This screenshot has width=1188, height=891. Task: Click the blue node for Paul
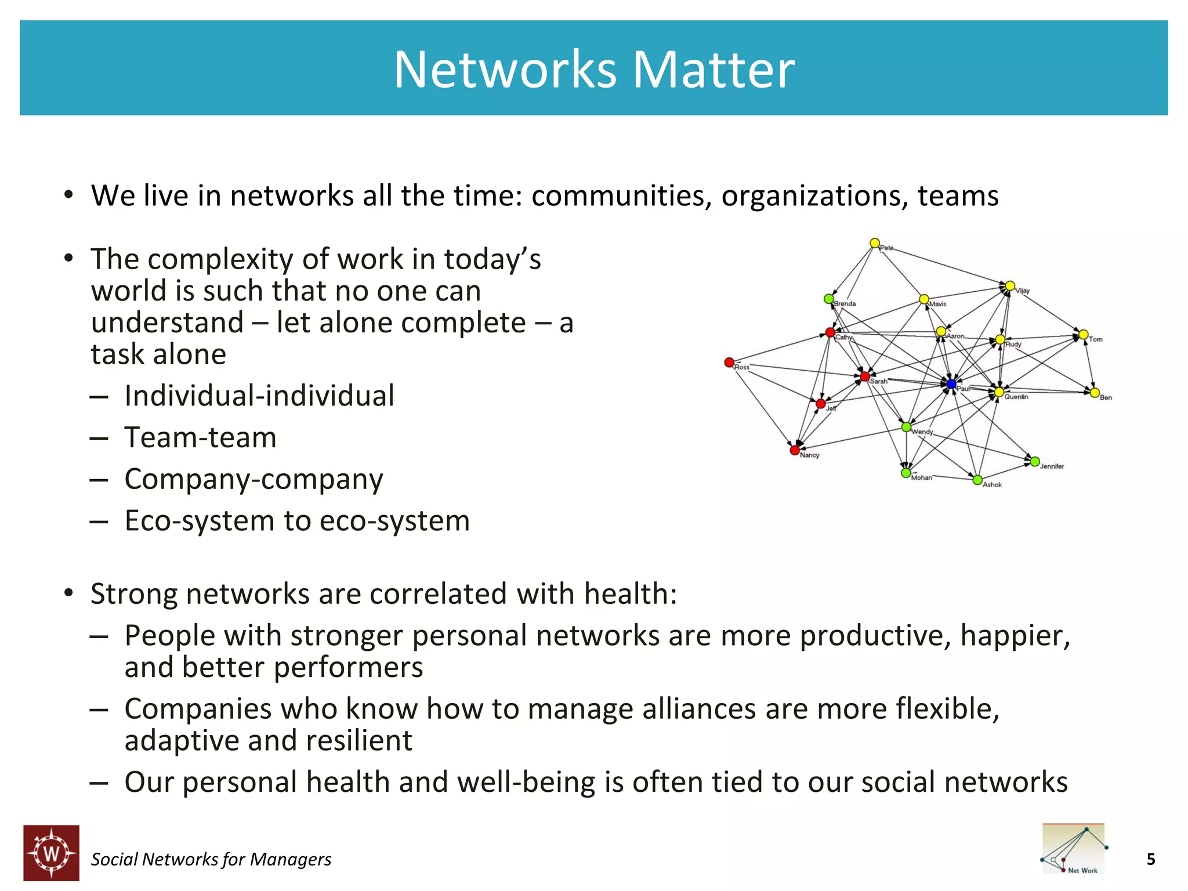coord(951,384)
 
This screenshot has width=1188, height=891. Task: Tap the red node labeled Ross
coord(729,363)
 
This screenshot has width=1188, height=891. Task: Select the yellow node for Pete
coord(875,243)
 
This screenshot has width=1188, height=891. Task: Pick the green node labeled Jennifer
coord(1035,462)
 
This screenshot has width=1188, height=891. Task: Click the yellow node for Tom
coord(1083,335)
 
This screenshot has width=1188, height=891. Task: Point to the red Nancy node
coord(795,450)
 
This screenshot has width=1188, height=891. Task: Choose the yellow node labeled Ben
coord(1095,393)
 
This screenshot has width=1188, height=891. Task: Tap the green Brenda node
coord(829,299)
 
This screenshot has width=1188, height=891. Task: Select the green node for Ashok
coord(977,480)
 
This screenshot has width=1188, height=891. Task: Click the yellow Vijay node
coord(1010,286)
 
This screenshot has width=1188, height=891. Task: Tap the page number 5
coord(1151,859)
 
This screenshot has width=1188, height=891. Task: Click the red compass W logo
coord(52,853)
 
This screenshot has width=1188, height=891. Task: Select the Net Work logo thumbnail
coord(1074,849)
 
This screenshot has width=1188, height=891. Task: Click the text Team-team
coord(200,437)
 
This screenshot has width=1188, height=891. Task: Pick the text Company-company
coord(253,480)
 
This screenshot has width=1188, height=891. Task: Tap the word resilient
coord(358,741)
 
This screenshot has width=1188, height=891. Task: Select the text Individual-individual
coord(259,396)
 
